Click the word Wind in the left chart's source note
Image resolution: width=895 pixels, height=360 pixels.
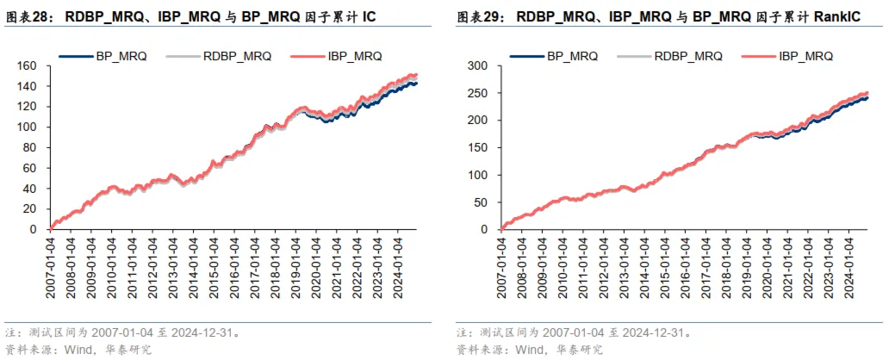point(75,349)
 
